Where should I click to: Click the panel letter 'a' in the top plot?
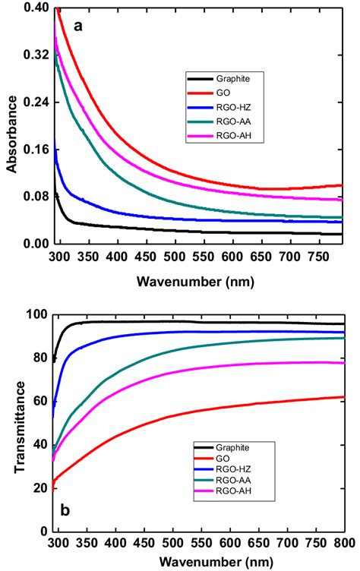77,26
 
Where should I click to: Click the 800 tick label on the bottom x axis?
344,543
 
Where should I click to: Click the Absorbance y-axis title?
12,125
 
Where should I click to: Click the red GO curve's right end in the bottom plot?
343,397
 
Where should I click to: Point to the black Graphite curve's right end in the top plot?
342,235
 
